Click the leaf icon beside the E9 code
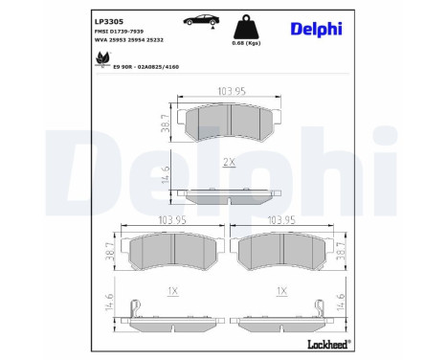102,58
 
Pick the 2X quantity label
228,164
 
